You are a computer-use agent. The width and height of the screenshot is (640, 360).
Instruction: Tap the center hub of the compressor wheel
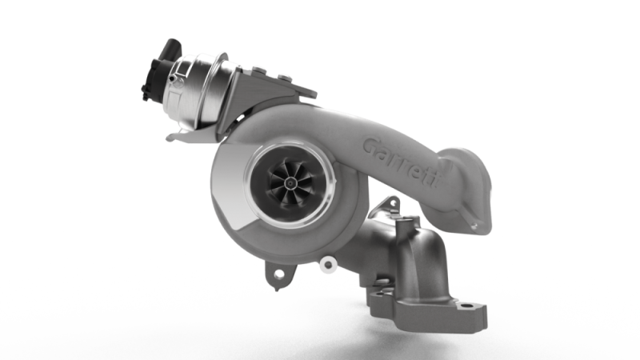(x=290, y=184)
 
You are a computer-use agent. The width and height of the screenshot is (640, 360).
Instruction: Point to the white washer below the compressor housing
(x=327, y=264)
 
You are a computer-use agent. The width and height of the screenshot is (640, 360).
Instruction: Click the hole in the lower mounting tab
(x=279, y=274)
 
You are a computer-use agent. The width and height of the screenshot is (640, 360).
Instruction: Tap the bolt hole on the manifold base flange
(x=465, y=305)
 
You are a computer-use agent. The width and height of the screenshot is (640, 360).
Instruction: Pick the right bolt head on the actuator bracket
(x=284, y=77)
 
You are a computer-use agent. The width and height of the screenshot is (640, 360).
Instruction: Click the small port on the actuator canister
(x=173, y=78)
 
